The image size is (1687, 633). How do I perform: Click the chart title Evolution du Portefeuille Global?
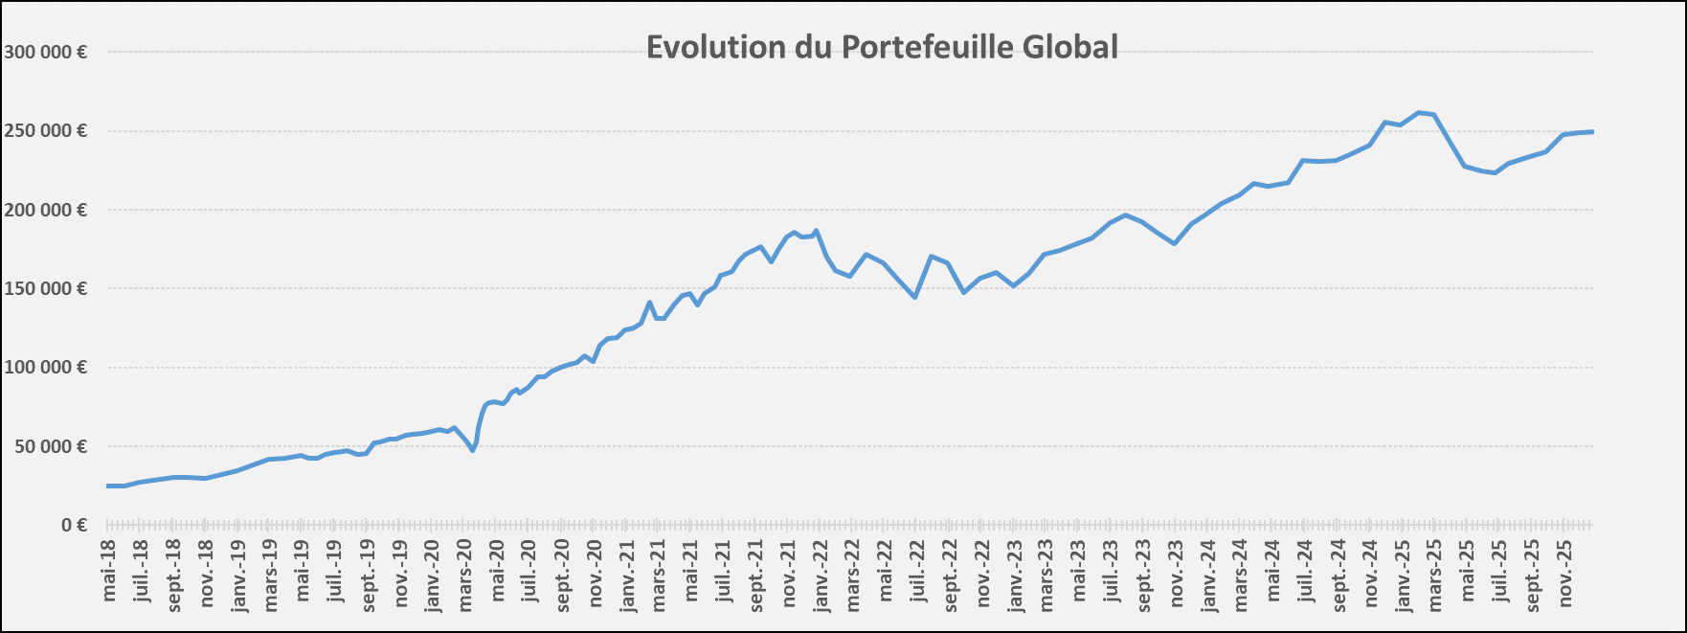click(x=882, y=47)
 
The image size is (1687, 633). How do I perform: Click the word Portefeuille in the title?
click(x=928, y=47)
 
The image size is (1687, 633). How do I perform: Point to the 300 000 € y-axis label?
click(x=45, y=53)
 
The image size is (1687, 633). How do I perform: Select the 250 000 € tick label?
click(x=45, y=131)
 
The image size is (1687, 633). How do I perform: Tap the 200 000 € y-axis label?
click(x=45, y=210)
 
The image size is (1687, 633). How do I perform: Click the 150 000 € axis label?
click(x=45, y=288)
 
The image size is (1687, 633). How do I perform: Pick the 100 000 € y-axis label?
click(x=45, y=368)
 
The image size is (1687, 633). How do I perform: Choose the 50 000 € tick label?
click(x=49, y=446)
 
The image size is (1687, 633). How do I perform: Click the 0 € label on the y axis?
click(x=74, y=525)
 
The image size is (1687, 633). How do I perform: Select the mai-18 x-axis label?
click(x=109, y=571)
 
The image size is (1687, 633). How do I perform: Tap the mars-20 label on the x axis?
click(x=465, y=576)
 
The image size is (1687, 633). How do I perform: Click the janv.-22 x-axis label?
click(x=821, y=576)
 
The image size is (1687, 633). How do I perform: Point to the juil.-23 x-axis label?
click(x=1112, y=574)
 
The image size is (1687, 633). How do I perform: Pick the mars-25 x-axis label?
click(x=1435, y=576)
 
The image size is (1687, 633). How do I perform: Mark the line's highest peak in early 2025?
click(x=1419, y=112)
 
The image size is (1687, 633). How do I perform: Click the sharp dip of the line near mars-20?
click(x=473, y=450)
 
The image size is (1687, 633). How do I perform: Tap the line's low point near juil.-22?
click(x=915, y=297)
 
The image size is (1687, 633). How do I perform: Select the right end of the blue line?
click(x=1592, y=131)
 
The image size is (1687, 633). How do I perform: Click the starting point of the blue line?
click(x=107, y=486)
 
